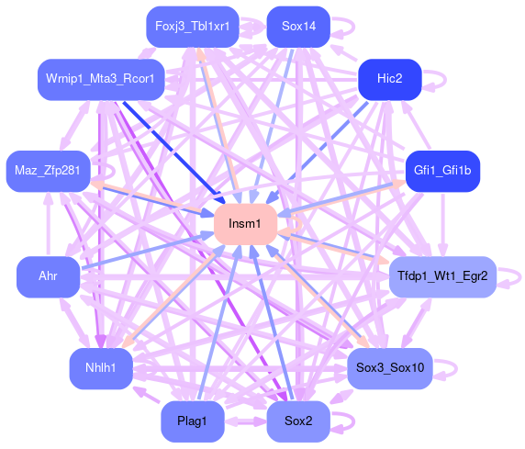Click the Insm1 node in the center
pyautogui.click(x=246, y=224)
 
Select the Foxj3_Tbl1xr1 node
pyautogui.click(x=193, y=27)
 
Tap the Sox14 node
pyautogui.click(x=298, y=27)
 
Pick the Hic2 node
pyautogui.click(x=390, y=79)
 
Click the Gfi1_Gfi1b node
pyautogui.click(x=442, y=171)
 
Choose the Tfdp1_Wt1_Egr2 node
pyautogui.click(x=442, y=276)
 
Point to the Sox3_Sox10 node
pyautogui.click(x=390, y=368)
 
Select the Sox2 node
pyautogui.click(x=298, y=421)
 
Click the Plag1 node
pyautogui.click(x=193, y=421)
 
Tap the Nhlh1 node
pyautogui.click(x=101, y=368)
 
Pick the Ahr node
pyautogui.click(x=49, y=276)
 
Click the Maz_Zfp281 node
pyautogui.click(x=49, y=171)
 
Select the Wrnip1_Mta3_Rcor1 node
pyautogui.click(x=101, y=79)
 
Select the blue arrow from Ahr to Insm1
pyautogui.click(x=147, y=251)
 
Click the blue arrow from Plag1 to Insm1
pyautogui.click(x=219, y=322)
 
